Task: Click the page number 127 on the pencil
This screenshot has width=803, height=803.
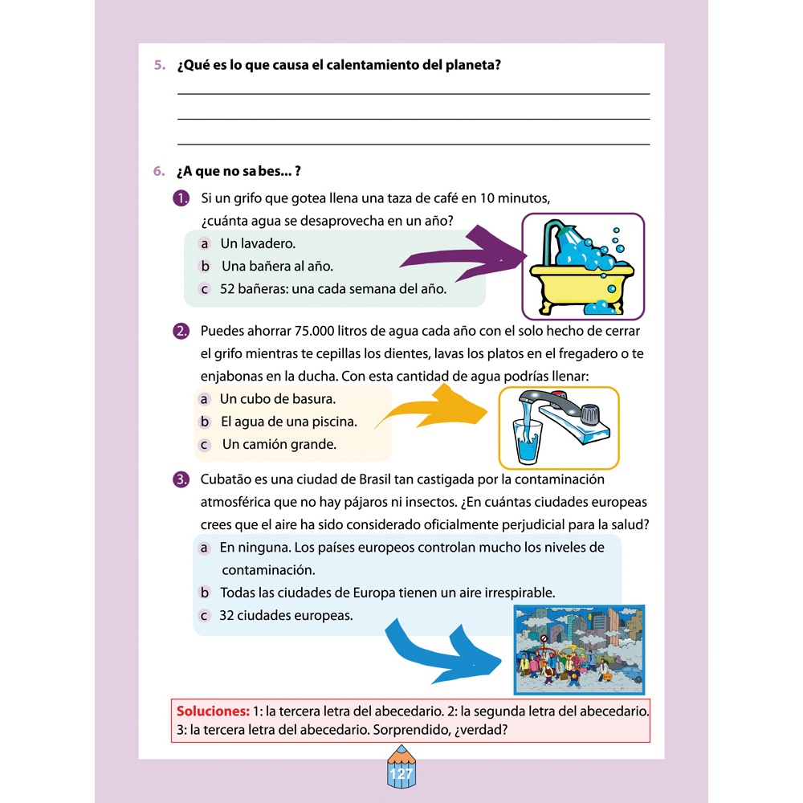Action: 401,775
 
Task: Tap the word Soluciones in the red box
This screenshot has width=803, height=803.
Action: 212,711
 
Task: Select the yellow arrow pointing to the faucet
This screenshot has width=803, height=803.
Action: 434,410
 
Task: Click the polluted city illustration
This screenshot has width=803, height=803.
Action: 578,649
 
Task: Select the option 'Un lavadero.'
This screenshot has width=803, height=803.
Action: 257,243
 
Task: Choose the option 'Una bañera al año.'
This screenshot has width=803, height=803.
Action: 276,266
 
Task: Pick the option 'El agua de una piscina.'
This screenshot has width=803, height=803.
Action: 288,422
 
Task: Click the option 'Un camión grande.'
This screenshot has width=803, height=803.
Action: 279,444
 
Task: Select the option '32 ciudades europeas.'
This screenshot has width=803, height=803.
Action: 285,616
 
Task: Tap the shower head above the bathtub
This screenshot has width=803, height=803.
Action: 573,237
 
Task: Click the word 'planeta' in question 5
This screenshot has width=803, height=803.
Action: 468,65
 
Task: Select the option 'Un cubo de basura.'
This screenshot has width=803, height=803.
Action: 277,399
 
